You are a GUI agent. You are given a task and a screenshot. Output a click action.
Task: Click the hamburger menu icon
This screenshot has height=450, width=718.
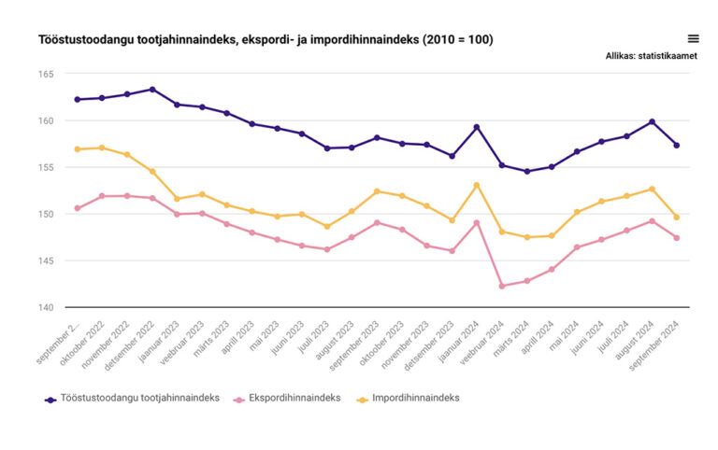click(693, 38)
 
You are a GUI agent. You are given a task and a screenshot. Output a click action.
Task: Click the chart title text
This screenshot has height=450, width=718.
click(266, 39)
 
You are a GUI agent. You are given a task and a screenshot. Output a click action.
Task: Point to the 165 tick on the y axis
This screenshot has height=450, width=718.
click(46, 74)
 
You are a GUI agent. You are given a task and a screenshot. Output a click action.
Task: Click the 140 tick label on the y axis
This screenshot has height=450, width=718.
click(46, 307)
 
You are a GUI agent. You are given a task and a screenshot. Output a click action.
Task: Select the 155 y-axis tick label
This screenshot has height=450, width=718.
click(46, 167)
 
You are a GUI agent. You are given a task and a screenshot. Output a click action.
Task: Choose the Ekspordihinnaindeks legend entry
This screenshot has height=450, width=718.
click(287, 398)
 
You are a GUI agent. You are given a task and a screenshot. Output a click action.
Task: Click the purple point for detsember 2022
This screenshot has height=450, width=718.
click(152, 90)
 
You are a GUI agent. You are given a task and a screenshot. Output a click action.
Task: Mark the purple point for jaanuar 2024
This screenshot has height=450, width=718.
click(477, 127)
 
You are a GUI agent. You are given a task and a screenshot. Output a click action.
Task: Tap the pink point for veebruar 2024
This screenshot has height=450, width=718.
click(502, 286)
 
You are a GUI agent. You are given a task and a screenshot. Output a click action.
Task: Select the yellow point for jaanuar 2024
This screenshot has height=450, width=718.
click(477, 185)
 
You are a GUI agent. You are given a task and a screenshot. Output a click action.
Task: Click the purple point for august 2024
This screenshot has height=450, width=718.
click(652, 121)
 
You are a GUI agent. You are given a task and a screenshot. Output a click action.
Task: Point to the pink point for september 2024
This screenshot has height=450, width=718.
click(677, 238)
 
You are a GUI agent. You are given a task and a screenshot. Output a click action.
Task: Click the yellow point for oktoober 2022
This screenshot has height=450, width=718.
click(102, 148)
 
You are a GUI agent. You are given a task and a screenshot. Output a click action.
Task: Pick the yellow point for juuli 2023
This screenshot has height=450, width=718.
click(327, 226)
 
